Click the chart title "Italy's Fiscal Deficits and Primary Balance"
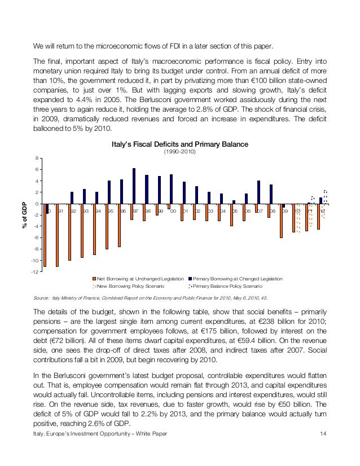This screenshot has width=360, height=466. click(x=179, y=144)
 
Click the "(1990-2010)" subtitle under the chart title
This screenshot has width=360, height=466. click(x=179, y=152)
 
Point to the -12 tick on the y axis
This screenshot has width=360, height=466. click(x=35, y=272)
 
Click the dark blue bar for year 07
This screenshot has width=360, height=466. click(x=258, y=192)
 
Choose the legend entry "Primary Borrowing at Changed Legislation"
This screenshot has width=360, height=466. click(x=238, y=279)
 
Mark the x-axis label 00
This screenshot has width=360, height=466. click(x=173, y=210)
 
